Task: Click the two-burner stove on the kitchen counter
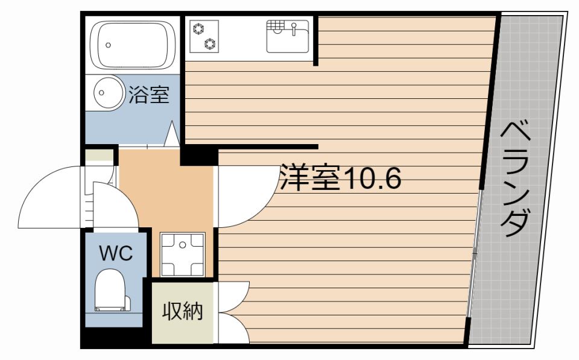(204, 36)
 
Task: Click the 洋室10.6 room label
(340, 178)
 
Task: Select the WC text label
(115, 254)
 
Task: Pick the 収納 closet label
(182, 312)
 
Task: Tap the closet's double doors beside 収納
(233, 312)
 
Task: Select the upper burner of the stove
(198, 28)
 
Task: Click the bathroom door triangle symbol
(172, 134)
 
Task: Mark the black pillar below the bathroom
(198, 155)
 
